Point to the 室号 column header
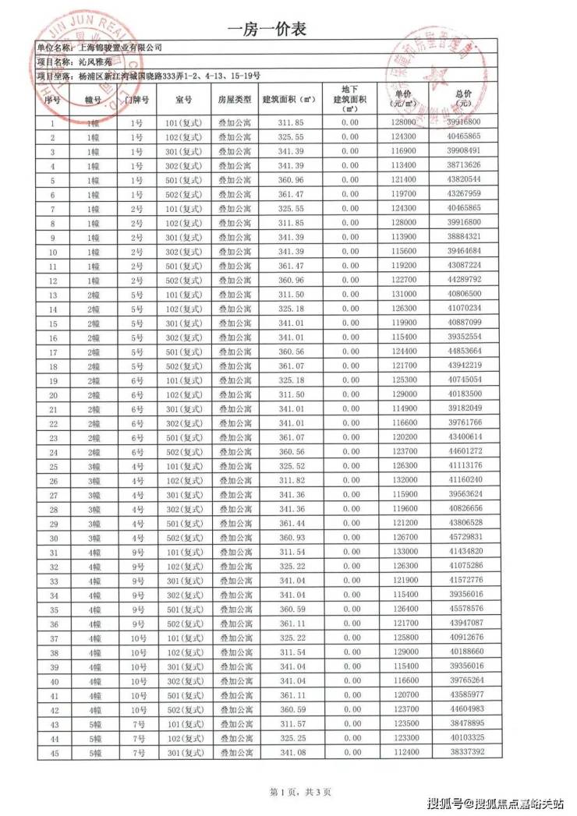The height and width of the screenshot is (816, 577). (x=184, y=101)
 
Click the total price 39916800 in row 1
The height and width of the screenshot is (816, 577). (x=465, y=122)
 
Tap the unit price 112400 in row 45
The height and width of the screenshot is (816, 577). (x=402, y=752)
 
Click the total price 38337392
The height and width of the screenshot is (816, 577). (x=465, y=752)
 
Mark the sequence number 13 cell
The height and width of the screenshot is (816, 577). (x=52, y=295)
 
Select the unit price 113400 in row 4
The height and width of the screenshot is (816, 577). (x=402, y=165)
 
